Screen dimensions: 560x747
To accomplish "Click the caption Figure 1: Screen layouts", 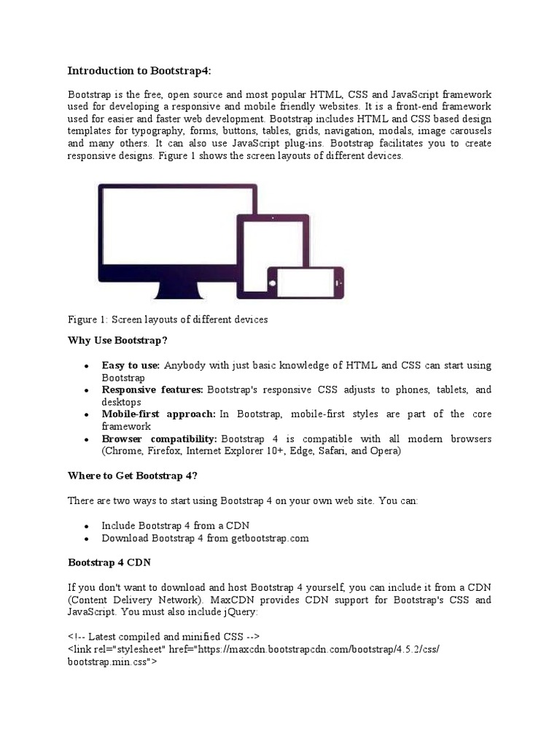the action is [x=168, y=320].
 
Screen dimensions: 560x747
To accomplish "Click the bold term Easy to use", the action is [x=131, y=365].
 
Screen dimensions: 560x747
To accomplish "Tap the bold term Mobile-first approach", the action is [x=158, y=414].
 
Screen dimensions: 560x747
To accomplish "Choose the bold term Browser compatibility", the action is [x=159, y=439].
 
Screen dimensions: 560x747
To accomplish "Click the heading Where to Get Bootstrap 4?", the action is [x=133, y=476].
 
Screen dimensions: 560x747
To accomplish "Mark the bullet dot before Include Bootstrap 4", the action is [x=87, y=526].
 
